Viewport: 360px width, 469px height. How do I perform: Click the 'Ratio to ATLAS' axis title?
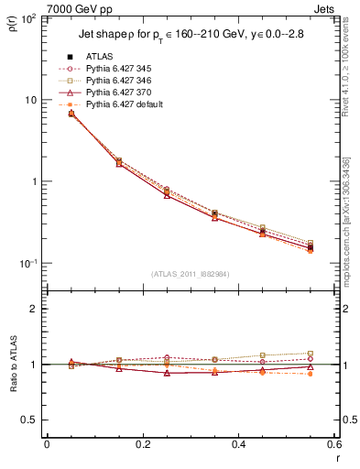13,366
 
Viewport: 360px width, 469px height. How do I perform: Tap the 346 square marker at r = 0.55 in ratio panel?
311,354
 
